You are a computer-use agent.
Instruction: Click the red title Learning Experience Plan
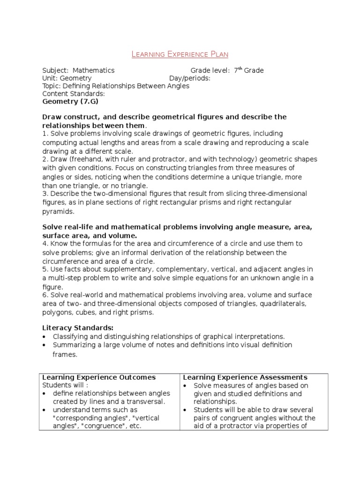(x=180, y=54)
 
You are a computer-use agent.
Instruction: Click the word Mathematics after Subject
(x=93, y=70)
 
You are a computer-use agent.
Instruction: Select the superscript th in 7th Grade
(x=240, y=68)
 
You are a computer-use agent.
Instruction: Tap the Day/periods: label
(x=189, y=78)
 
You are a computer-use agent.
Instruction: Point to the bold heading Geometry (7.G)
(x=70, y=101)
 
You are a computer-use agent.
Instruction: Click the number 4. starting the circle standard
(x=45, y=243)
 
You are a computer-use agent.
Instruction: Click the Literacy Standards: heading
(x=78, y=327)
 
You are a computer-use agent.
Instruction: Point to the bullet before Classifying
(x=44, y=337)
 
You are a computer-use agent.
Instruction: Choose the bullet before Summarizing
(x=44, y=345)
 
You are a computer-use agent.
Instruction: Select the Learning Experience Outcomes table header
(x=99, y=377)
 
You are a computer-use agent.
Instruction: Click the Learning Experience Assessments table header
(x=245, y=377)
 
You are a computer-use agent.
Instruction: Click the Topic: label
(x=52, y=86)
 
